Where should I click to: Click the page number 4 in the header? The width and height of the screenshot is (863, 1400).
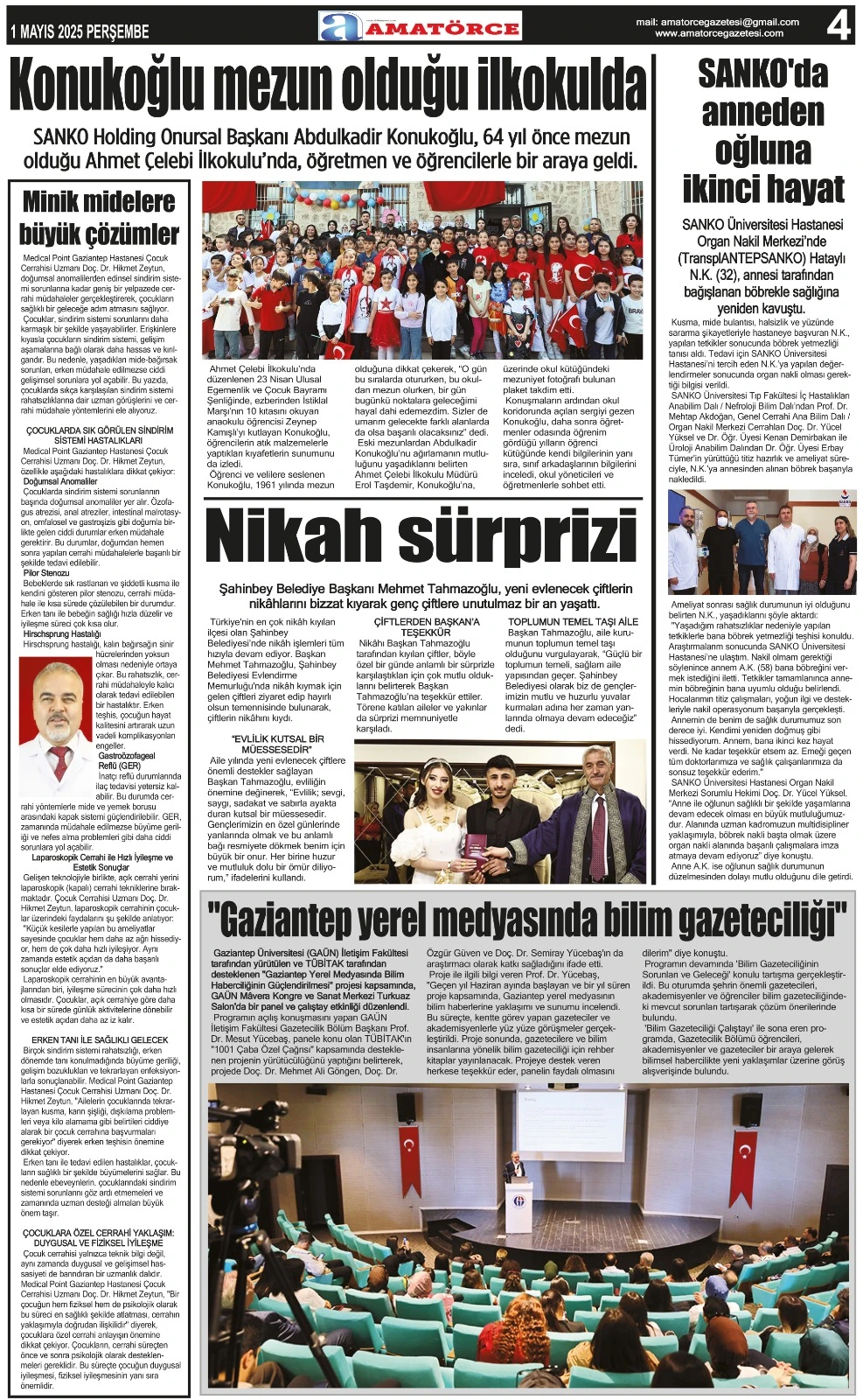pyautogui.click(x=838, y=26)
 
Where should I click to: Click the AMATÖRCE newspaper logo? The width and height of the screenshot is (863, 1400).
pyautogui.click(x=421, y=27)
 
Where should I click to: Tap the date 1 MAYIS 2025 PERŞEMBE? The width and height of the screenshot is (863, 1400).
pyautogui.click(x=80, y=32)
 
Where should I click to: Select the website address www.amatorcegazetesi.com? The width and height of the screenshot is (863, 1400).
pyautogui.click(x=719, y=34)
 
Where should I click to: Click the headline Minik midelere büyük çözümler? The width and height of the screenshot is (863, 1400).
pyautogui.click(x=100, y=218)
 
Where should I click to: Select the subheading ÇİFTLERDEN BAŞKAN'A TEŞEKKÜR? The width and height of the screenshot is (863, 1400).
pyautogui.click(x=426, y=626)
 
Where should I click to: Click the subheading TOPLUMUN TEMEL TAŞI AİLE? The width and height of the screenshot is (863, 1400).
pyautogui.click(x=573, y=621)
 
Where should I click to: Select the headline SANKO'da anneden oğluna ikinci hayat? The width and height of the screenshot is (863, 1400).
pyautogui.click(x=762, y=131)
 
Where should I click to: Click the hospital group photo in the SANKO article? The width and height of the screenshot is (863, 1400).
pyautogui.click(x=762, y=542)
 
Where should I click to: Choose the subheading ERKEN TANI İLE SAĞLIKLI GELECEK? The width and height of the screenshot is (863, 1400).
pyautogui.click(x=100, y=1040)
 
